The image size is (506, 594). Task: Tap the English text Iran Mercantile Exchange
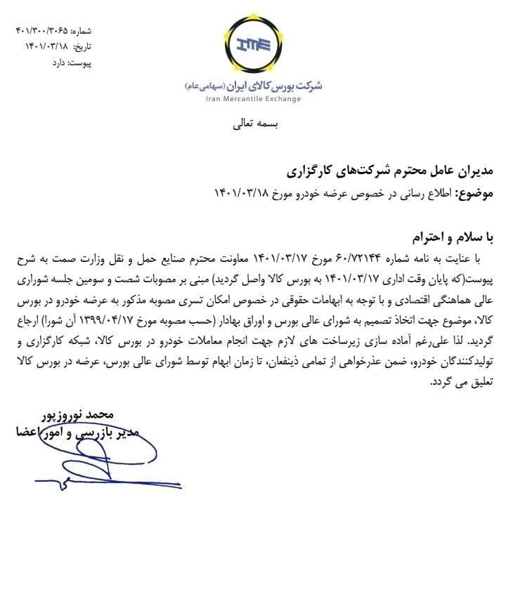(x=253, y=99)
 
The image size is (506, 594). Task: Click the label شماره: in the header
(x=80, y=32)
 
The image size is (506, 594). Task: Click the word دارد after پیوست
(x=58, y=62)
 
